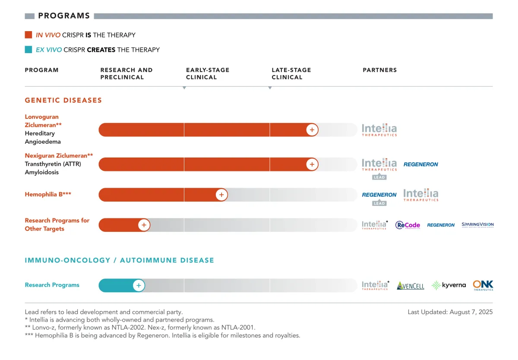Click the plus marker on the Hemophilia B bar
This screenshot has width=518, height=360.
pos(221,195)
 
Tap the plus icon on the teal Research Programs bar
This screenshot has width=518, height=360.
pos(139,285)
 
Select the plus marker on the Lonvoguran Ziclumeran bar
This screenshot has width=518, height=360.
pos(312,130)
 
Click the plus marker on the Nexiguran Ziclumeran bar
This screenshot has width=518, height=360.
pos(312,164)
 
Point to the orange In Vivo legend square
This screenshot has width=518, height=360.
pos(28,35)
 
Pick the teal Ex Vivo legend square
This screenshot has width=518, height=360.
pos(28,50)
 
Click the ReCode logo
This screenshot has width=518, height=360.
pos(407,225)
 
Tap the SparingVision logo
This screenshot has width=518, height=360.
pos(477,225)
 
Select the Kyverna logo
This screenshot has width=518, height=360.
pos(449,285)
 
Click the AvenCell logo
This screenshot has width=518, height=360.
pos(411,286)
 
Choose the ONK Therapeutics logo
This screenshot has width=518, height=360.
pos(483,285)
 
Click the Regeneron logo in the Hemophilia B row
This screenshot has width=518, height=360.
pos(379,195)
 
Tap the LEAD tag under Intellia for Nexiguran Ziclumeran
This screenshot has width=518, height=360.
pos(379,177)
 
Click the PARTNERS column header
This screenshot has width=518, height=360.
pos(379,70)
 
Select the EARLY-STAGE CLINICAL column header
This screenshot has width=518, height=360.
pos(208,73)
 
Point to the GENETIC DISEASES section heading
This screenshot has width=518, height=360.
pos(63,100)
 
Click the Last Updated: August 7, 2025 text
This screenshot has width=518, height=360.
pos(450,312)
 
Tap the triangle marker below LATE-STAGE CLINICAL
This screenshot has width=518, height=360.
pos(270,88)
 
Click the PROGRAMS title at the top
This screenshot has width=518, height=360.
pos(64,16)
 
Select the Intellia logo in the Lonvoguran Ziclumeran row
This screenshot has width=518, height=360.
pos(379,130)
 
